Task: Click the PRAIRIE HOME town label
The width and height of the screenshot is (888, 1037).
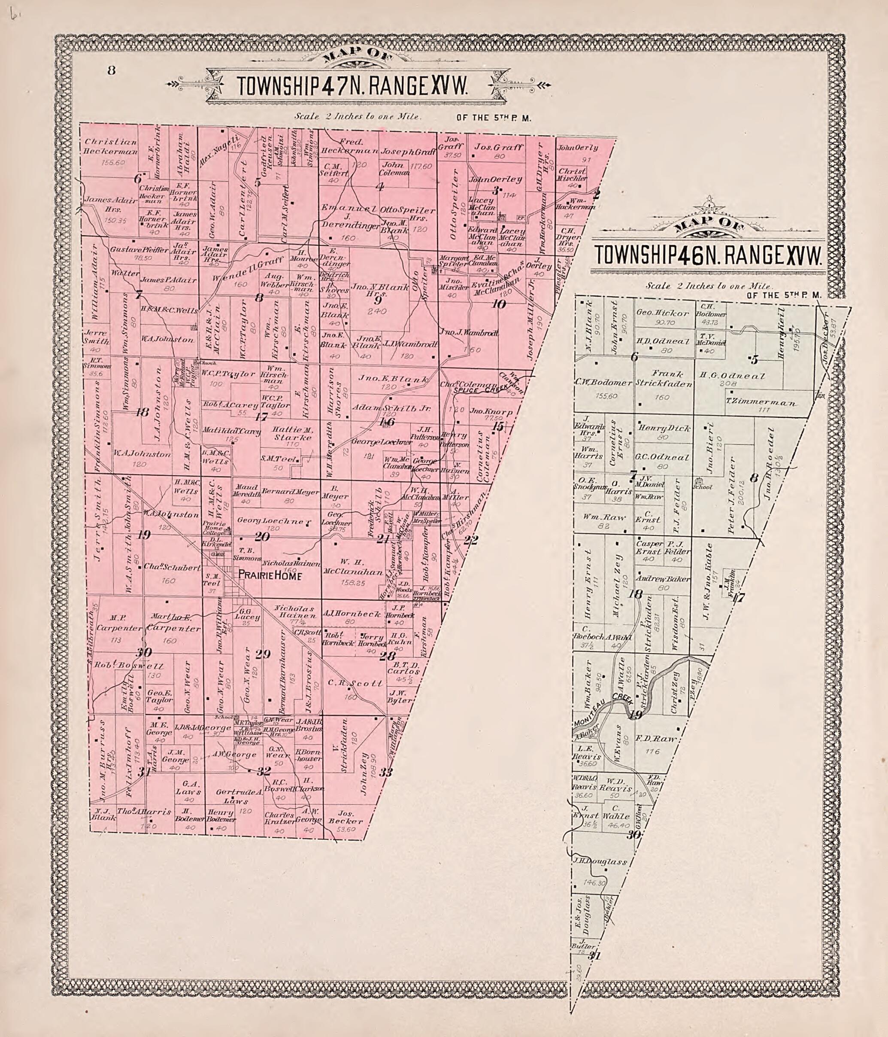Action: coord(270,576)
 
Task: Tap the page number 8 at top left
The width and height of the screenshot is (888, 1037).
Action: coord(111,70)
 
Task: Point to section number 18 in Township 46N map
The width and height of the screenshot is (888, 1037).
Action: coord(636,595)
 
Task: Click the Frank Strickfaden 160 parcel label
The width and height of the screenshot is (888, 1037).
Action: coord(664,379)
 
